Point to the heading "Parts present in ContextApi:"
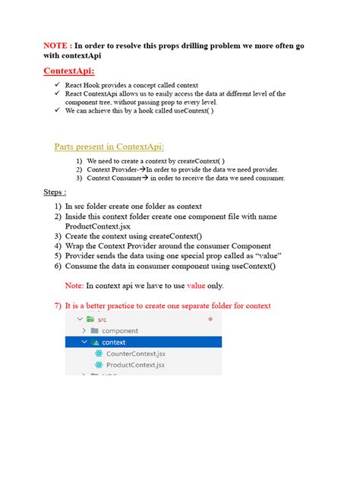tap(109, 147)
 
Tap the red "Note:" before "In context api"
tap(74, 286)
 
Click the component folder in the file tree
tap(120, 331)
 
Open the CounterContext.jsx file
tap(135, 354)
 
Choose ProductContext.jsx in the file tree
tap(135, 365)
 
